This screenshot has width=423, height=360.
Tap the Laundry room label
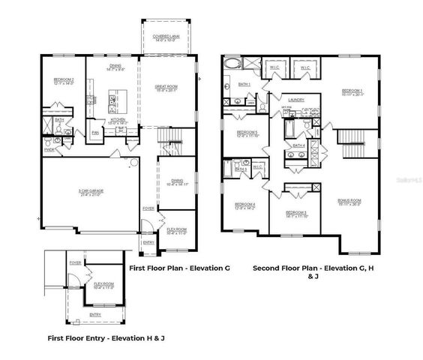point(295,99)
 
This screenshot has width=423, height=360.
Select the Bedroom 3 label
point(296,213)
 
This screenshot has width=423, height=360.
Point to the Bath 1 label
point(244,85)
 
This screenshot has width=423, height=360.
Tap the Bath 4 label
point(298,145)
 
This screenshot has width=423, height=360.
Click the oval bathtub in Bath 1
point(229,64)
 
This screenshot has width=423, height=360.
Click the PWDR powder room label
point(50,148)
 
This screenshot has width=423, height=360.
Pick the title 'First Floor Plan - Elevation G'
point(180,268)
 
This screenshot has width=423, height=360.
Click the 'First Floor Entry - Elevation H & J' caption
point(106,338)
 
